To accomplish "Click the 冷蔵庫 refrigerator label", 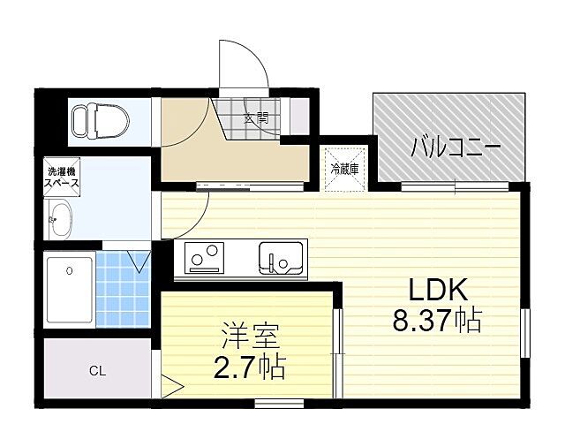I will (x=343, y=169).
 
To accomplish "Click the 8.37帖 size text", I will (x=437, y=321).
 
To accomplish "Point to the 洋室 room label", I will (x=250, y=338).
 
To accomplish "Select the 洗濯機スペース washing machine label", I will (x=62, y=178).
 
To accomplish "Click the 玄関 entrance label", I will (x=257, y=115).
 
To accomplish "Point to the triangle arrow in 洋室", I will (x=173, y=386).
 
